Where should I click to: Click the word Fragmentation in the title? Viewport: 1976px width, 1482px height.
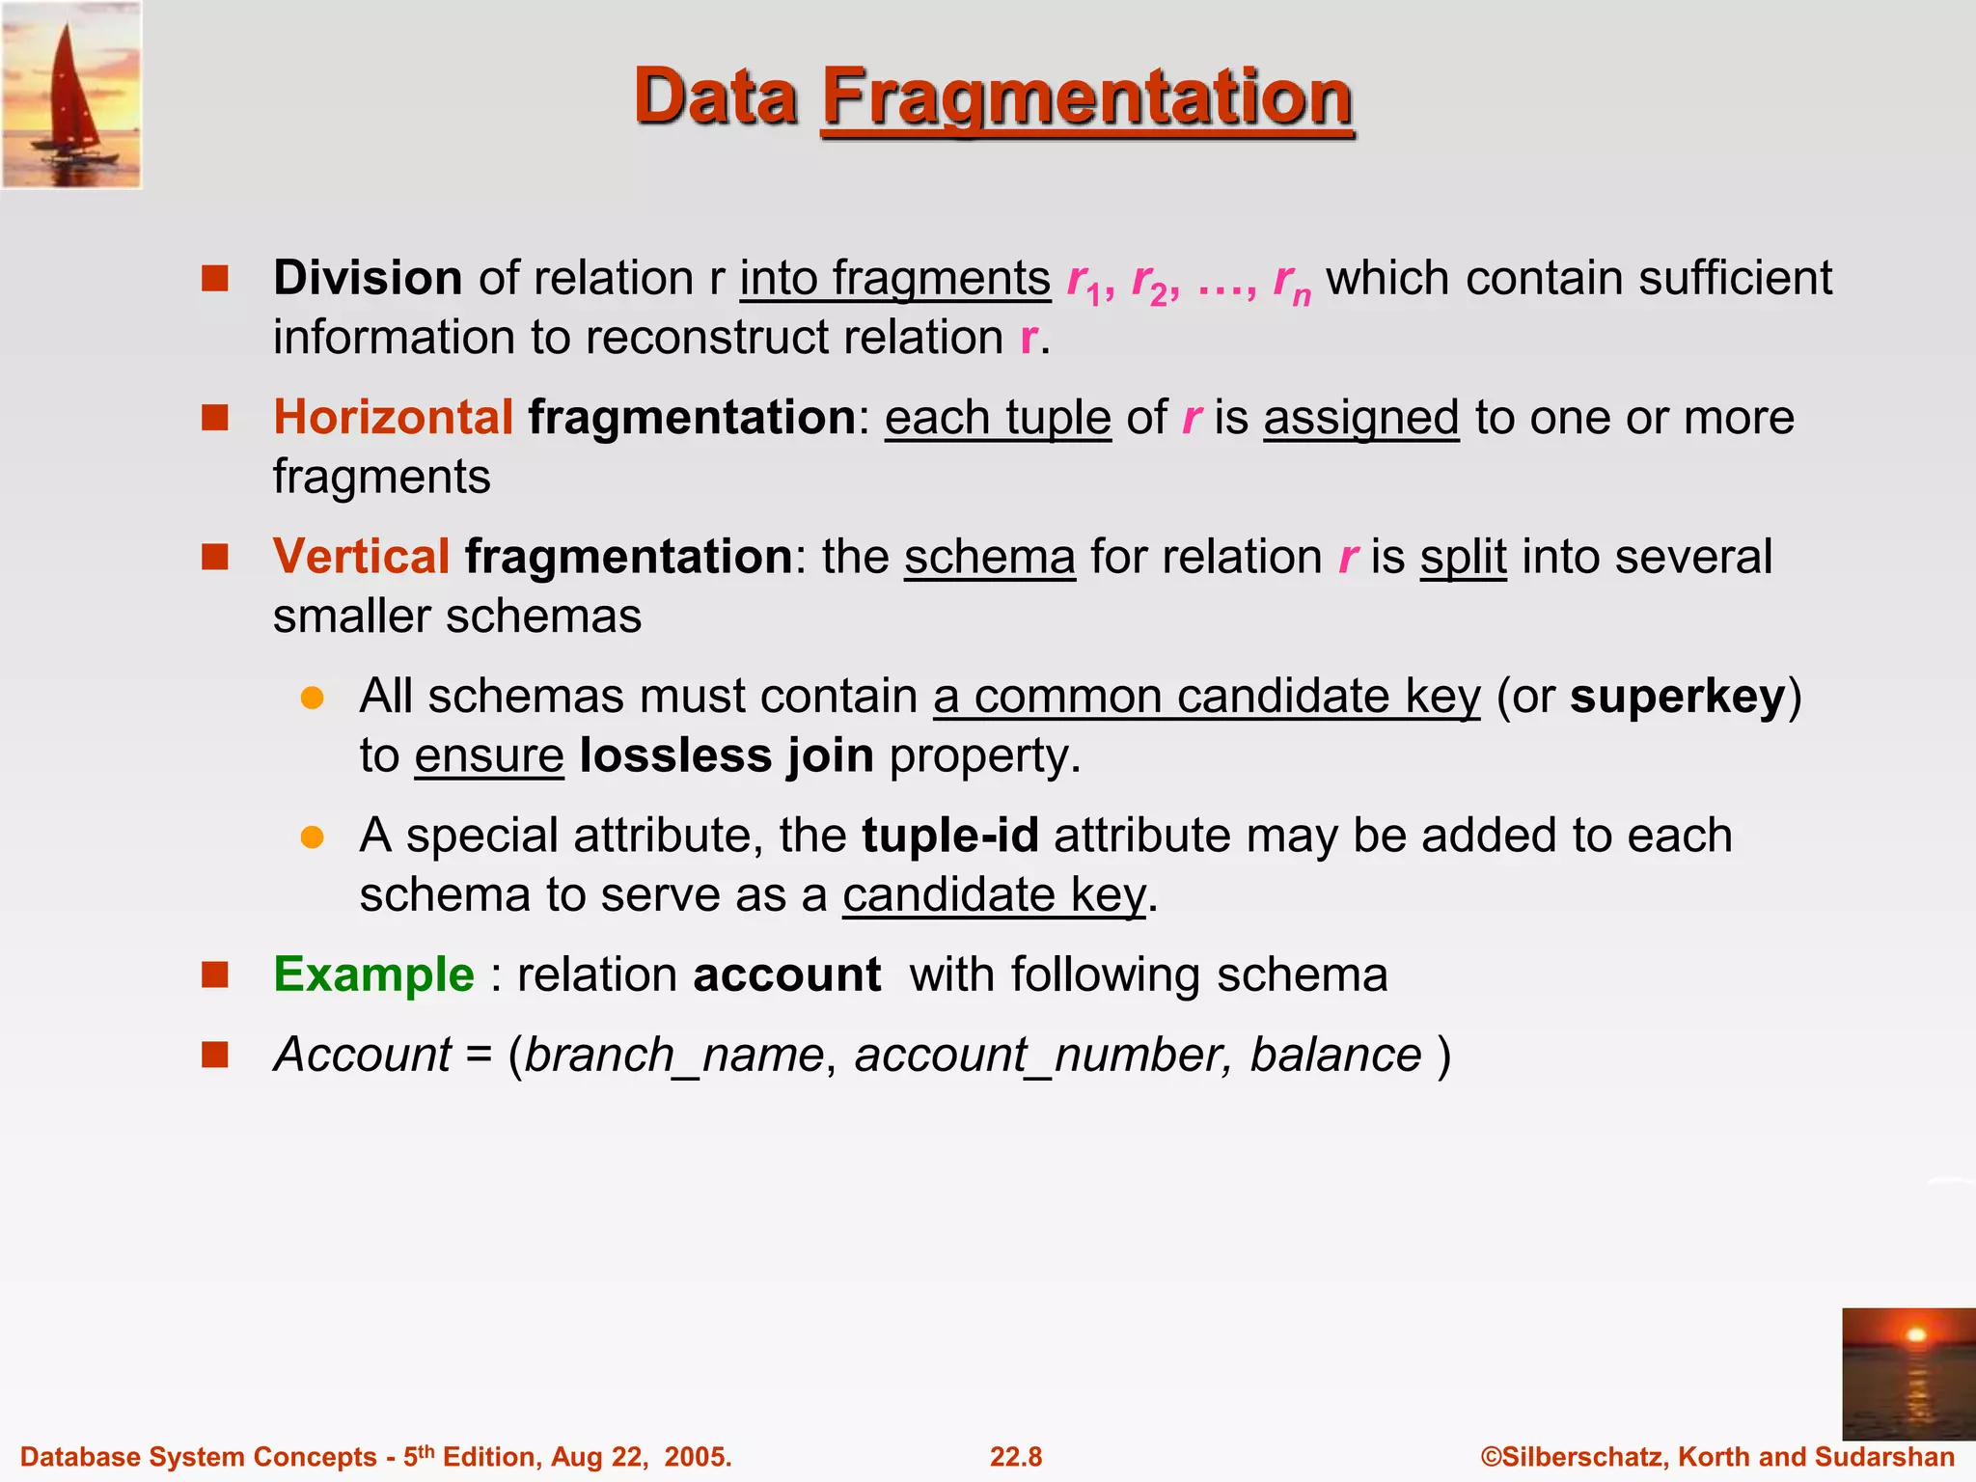tap(1087, 97)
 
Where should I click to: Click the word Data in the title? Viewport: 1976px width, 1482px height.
tap(716, 97)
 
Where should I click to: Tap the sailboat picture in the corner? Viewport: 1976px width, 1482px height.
tap(71, 94)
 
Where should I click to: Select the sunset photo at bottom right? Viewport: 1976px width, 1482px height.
tap(1907, 1374)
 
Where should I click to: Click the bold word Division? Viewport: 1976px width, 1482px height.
tap(368, 279)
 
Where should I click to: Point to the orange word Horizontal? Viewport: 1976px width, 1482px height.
tap(393, 418)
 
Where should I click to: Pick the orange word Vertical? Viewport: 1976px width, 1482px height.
tap(361, 557)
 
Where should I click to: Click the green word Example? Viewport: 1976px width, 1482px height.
tap(373, 974)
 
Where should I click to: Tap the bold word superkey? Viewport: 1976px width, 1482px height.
tap(1677, 697)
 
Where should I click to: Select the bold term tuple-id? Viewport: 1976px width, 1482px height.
tap(949, 836)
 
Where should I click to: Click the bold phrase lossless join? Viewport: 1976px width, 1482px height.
tap(727, 755)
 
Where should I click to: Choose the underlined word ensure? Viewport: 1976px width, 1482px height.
tap(489, 755)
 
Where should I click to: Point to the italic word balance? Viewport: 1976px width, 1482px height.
tap(1335, 1055)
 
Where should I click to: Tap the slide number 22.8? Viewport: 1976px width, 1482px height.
tap(1016, 1457)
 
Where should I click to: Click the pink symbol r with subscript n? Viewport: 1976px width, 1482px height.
tap(1291, 281)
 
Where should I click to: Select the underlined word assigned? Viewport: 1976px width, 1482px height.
tap(1360, 418)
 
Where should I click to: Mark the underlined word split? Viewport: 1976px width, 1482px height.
tap(1463, 557)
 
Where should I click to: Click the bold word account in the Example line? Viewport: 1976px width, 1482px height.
tap(786, 974)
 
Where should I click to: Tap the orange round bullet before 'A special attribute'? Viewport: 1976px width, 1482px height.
tap(312, 837)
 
